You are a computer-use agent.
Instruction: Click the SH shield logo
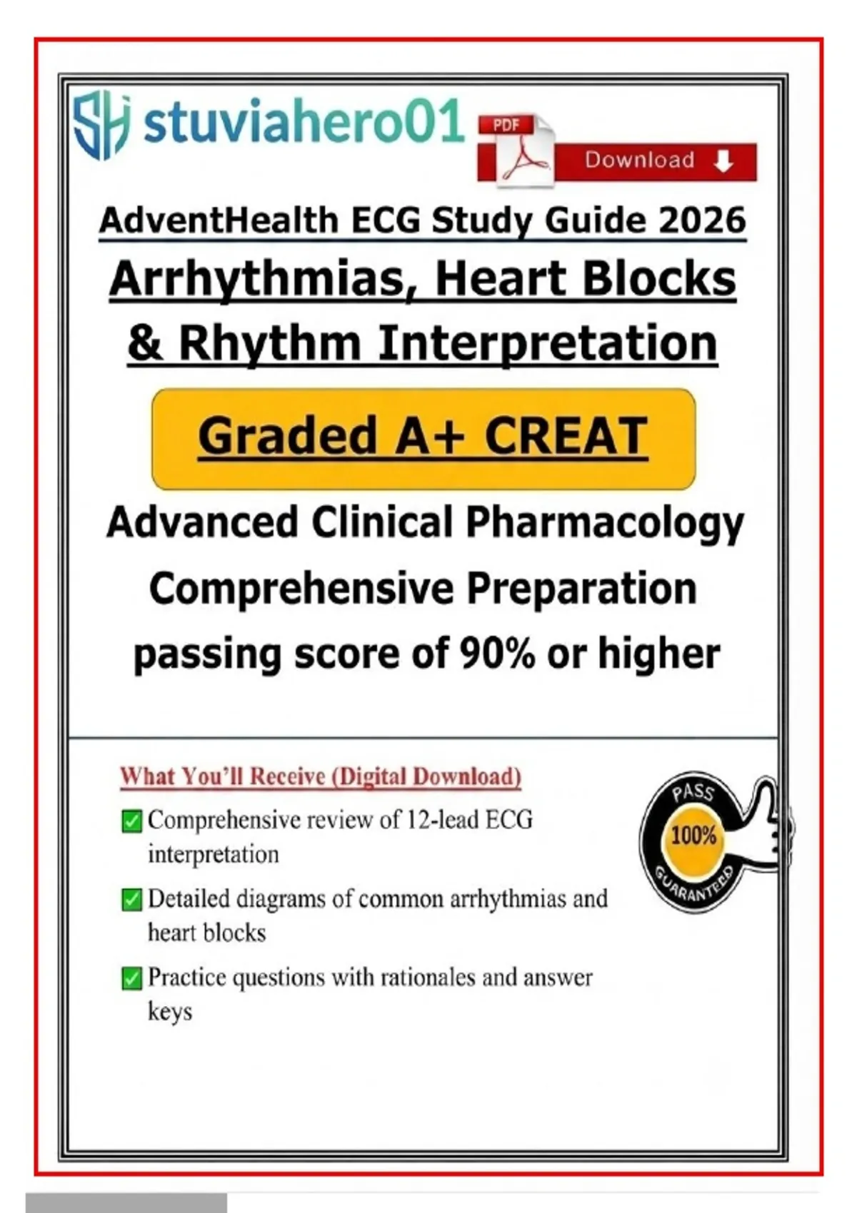click(102, 124)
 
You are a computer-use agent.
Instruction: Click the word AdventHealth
click(219, 220)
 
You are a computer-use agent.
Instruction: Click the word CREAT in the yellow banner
click(566, 437)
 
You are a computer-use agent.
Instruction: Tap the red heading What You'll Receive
click(321, 776)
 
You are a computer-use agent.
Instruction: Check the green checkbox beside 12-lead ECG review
click(131, 821)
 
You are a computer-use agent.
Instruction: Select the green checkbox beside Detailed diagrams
click(131, 900)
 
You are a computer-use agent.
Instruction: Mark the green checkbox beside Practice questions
click(131, 978)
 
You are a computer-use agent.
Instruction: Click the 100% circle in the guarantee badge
click(693, 837)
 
